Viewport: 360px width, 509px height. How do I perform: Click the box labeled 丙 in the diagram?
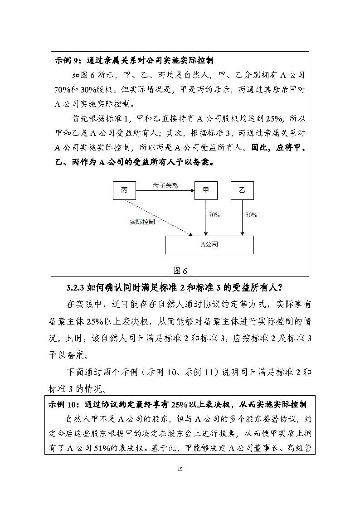coord(124,190)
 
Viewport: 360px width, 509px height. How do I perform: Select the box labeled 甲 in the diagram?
coord(206,190)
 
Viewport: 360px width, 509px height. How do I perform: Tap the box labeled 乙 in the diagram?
coord(242,190)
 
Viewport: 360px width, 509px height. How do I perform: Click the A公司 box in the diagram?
coord(209,245)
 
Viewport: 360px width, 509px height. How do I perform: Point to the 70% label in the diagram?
coord(214,214)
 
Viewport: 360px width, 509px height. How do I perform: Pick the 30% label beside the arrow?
coord(251,214)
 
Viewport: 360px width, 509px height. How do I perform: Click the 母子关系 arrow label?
coord(165,185)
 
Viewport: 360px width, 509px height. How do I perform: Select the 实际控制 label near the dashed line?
coord(142,222)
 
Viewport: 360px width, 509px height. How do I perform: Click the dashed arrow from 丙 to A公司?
coord(159,218)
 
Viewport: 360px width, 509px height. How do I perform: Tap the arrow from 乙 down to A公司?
coord(243,218)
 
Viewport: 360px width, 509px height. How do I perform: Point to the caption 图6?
coord(180,271)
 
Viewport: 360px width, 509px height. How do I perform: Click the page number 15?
coord(180,469)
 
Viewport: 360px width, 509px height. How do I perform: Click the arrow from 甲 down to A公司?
coord(206,218)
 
